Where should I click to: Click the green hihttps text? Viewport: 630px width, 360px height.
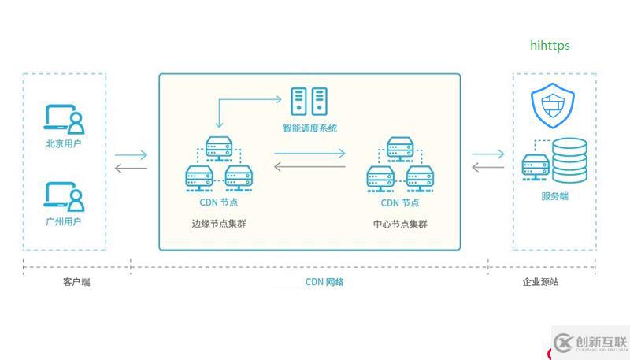[549, 46]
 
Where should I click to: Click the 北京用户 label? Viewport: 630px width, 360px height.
[64, 144]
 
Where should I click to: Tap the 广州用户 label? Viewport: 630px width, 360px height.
[64, 222]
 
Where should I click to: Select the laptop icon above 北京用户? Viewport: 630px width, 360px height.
[64, 118]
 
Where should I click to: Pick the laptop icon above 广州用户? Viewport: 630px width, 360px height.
[64, 196]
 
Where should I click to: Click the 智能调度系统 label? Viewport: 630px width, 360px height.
[309, 128]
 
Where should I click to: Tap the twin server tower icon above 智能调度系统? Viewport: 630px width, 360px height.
[309, 101]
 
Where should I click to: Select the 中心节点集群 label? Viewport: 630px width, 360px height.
[400, 224]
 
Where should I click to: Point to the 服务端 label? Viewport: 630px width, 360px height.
[554, 196]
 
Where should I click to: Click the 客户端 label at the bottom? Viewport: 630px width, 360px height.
[76, 281]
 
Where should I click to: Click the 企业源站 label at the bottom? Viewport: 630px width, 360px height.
[540, 281]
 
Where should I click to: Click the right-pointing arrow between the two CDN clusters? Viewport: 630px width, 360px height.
[309, 154]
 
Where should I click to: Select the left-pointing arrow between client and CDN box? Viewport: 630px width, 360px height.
[131, 168]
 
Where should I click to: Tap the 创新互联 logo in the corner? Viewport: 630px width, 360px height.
[591, 342]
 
